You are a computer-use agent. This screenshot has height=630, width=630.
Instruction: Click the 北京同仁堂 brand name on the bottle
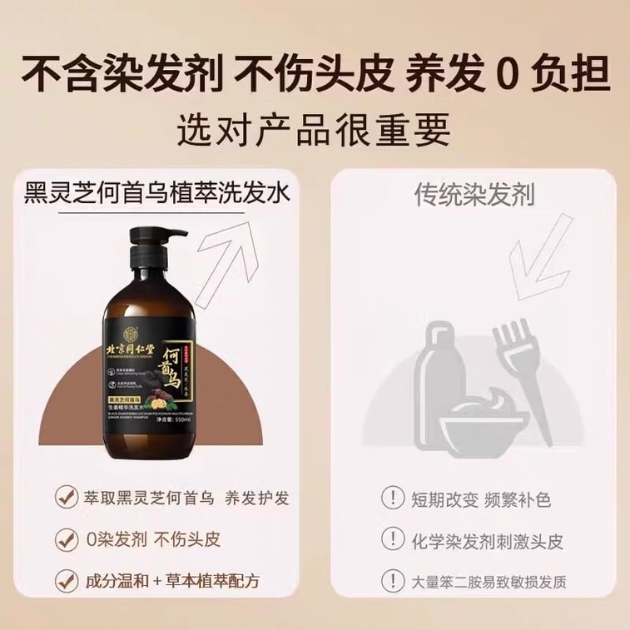pos(143,345)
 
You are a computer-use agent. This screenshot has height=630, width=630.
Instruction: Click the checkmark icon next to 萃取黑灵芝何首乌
pos(63,499)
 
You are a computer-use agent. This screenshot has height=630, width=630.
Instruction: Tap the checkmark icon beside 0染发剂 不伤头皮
pos(63,538)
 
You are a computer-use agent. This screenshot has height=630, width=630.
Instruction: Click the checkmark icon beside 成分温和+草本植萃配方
pos(63,579)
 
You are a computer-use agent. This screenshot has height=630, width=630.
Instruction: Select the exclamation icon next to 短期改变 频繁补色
pos(390,499)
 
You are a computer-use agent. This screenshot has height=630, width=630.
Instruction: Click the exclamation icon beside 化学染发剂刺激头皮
pos(390,540)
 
